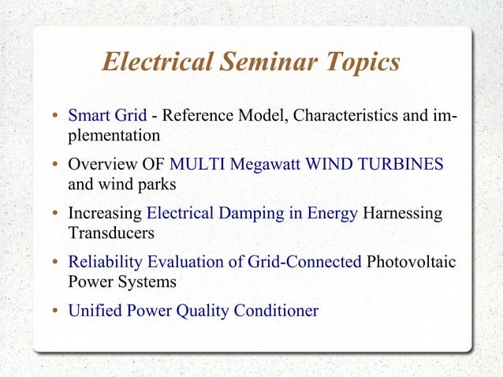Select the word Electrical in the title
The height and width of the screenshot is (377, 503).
pos(157,62)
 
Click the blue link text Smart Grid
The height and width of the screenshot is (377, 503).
pos(107,117)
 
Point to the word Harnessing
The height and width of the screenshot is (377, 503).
pos(403,214)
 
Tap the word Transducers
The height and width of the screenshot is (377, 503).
pos(111,233)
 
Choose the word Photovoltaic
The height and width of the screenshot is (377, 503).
pos(412,262)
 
